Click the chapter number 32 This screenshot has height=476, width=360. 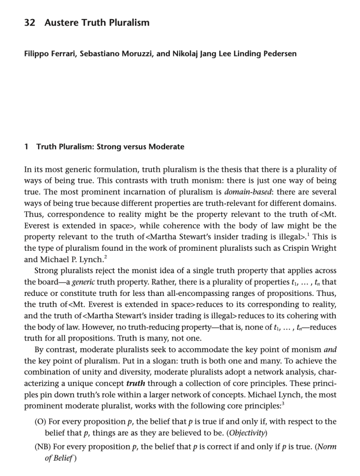pyautogui.click(x=30, y=22)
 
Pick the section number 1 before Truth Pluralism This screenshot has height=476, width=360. pyautogui.click(x=26, y=147)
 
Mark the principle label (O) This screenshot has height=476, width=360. pyautogui.click(x=40, y=422)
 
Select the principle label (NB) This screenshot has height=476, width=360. pyautogui.click(x=43, y=447)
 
